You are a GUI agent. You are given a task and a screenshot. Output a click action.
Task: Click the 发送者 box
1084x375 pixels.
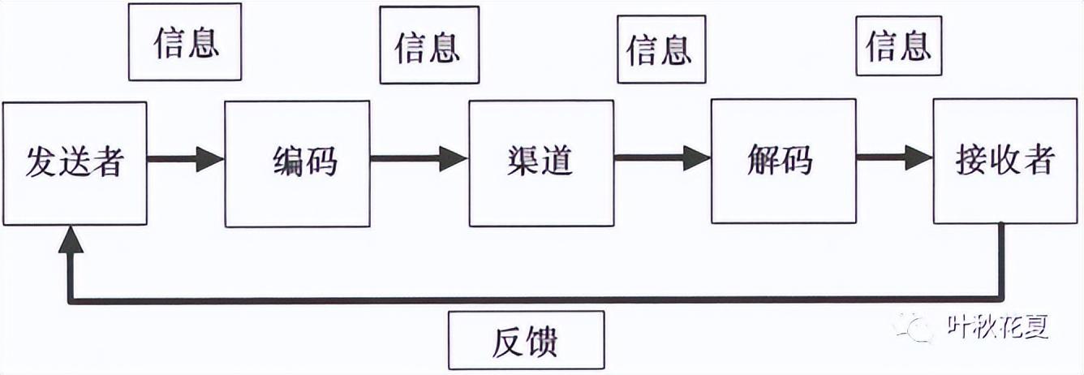(75, 162)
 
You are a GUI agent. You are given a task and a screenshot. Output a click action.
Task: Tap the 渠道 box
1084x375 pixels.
(541, 162)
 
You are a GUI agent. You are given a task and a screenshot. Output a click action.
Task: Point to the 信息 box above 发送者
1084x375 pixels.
(185, 42)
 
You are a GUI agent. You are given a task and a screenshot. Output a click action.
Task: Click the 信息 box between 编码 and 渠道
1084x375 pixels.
(429, 45)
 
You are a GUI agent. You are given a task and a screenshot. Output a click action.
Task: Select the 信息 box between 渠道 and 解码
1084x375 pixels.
(661, 50)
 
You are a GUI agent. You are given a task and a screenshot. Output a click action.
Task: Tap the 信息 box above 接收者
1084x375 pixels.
(899, 45)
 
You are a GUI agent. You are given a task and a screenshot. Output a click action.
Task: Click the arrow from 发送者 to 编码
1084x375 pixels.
(186, 159)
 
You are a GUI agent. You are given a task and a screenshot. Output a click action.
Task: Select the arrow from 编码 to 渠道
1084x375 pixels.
(419, 159)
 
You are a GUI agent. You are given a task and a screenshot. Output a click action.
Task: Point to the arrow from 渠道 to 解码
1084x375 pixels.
(662, 159)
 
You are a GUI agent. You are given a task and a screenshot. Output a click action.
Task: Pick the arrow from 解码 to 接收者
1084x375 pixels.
(894, 159)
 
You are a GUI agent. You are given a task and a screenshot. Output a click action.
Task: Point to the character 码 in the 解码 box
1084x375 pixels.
(799, 161)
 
